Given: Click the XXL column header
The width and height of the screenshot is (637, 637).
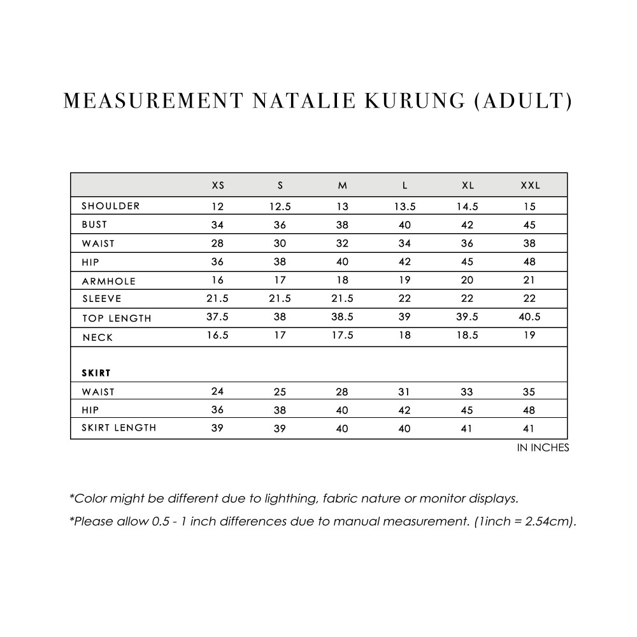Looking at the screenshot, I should [530, 185].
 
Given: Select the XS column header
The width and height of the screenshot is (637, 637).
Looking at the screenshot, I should [218, 185].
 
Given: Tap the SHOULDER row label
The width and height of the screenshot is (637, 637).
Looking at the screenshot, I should [110, 206].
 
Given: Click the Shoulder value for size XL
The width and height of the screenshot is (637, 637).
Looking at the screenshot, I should [468, 206].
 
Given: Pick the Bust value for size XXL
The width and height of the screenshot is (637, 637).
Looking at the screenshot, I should [530, 225].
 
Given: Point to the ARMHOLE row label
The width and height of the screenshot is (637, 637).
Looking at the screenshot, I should [108, 281].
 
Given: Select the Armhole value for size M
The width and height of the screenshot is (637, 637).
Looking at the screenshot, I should [342, 280].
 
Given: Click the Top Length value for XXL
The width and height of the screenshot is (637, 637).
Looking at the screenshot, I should [530, 317].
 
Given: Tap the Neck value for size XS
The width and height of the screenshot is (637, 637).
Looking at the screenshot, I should [218, 336].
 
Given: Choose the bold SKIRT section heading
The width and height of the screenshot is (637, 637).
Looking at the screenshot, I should [96, 372].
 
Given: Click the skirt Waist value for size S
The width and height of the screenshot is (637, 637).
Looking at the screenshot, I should [280, 392].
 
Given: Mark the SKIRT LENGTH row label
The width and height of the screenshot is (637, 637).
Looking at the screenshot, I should [118, 427].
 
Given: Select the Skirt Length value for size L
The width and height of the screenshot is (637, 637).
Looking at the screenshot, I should [404, 429].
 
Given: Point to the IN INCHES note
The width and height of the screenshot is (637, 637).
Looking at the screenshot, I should [543, 448].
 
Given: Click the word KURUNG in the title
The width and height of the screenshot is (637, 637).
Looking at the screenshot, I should [409, 101].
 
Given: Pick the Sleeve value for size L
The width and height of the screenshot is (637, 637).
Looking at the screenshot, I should [404, 299].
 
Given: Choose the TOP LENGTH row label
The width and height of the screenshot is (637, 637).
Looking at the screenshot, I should [116, 318].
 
